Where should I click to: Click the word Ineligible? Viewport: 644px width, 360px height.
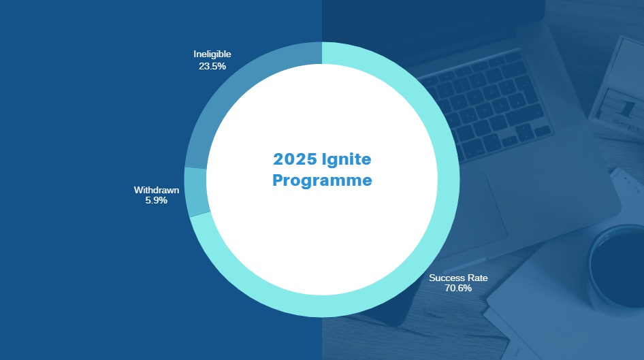[212, 54]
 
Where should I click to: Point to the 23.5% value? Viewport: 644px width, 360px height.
[212, 66]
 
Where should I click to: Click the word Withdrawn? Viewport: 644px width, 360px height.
[157, 190]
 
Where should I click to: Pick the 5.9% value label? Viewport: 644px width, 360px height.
[157, 200]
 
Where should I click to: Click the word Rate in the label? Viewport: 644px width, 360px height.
[477, 278]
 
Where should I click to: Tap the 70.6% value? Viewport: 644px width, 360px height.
[458, 288]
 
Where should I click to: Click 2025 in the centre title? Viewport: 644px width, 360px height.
[295, 159]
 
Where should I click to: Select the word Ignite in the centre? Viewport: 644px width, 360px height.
[347, 159]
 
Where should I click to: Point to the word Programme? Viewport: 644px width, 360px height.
[322, 180]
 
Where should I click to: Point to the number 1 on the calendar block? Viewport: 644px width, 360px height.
[626, 109]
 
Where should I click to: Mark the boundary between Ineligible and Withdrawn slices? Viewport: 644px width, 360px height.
[195, 168]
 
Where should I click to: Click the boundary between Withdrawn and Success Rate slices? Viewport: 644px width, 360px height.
[201, 214]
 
